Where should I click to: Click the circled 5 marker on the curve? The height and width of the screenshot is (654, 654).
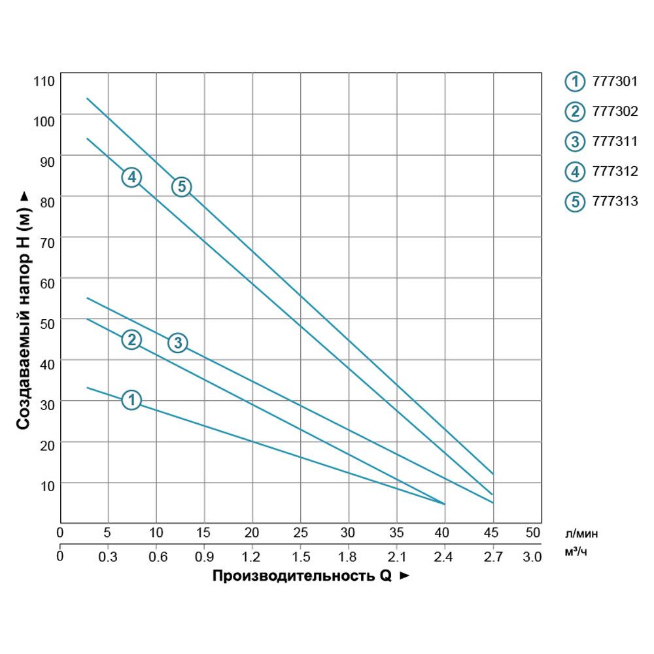pyautogui.click(x=181, y=186)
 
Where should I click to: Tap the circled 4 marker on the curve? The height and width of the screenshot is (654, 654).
pyautogui.click(x=131, y=177)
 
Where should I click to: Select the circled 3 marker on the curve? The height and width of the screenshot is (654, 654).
pyautogui.click(x=178, y=342)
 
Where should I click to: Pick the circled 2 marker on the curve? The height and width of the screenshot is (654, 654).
pyautogui.click(x=131, y=339)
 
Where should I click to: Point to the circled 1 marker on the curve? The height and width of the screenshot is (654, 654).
pyautogui.click(x=131, y=400)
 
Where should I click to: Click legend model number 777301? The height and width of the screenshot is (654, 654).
pyautogui.click(x=614, y=82)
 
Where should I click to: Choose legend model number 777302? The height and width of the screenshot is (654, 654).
pyautogui.click(x=614, y=112)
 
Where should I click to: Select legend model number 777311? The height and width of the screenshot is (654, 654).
pyautogui.click(x=614, y=142)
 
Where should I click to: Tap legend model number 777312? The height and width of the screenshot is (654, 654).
pyautogui.click(x=614, y=172)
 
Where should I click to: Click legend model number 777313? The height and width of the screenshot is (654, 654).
pyautogui.click(x=614, y=201)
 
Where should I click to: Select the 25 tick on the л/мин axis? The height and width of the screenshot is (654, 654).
pyautogui.click(x=300, y=532)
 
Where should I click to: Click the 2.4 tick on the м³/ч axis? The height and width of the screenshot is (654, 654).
pyautogui.click(x=444, y=557)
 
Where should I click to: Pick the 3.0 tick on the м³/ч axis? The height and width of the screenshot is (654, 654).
pyautogui.click(x=533, y=557)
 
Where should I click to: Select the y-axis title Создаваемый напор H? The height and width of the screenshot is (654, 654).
pyautogui.click(x=24, y=311)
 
